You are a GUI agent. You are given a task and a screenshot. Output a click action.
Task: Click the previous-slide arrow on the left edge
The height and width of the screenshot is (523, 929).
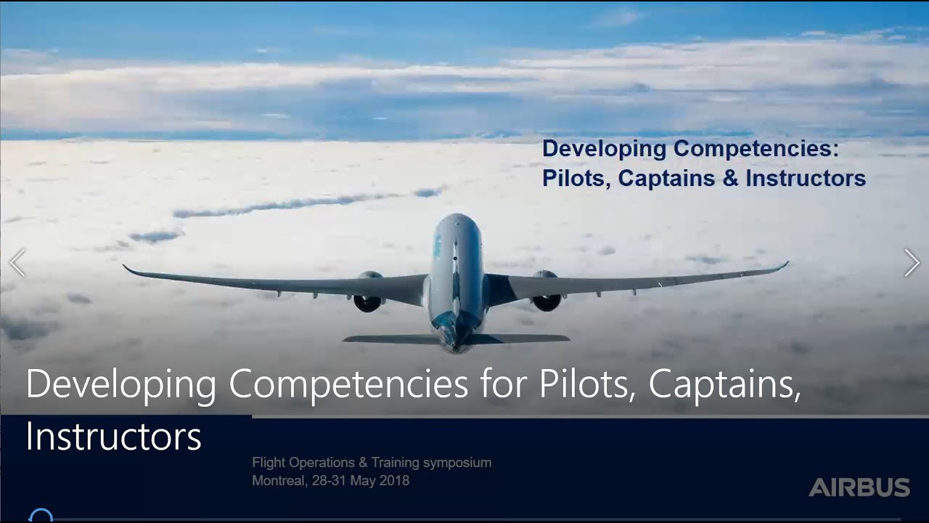click(17, 262)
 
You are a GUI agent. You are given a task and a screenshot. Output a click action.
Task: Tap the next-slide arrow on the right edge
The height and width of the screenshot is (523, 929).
click(912, 262)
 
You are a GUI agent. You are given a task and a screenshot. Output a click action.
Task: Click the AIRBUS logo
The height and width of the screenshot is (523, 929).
click(859, 487)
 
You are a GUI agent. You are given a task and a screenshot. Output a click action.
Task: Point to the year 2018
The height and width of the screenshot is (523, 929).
click(394, 480)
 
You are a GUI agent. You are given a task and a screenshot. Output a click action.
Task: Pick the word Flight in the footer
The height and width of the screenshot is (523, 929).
click(269, 462)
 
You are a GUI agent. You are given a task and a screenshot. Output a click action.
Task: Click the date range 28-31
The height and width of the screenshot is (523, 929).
click(329, 480)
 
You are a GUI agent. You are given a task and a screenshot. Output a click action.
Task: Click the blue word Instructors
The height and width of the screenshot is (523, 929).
click(806, 179)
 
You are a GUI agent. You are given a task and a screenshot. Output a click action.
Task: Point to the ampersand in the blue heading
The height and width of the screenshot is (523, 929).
click(730, 179)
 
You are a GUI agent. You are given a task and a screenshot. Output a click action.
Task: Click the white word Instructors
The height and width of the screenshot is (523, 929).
click(113, 436)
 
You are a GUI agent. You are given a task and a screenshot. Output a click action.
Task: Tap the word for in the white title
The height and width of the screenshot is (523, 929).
click(503, 384)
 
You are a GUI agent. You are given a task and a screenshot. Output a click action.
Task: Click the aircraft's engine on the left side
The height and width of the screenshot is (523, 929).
click(369, 293)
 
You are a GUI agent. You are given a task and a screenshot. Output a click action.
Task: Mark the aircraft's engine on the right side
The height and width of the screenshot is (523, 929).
click(546, 292)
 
